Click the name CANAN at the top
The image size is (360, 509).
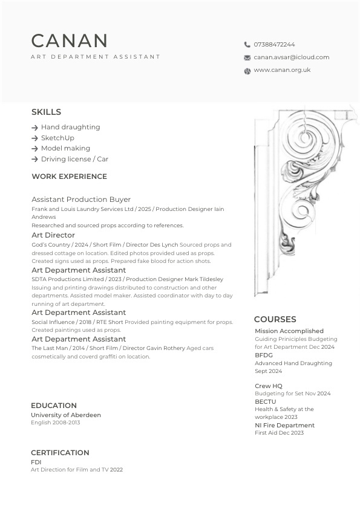(x=70, y=41)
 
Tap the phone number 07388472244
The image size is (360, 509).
(x=274, y=45)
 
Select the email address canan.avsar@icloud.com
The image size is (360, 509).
(x=291, y=57)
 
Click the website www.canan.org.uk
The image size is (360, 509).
(x=282, y=70)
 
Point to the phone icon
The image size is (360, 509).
(x=247, y=45)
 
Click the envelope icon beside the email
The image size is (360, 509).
(x=247, y=58)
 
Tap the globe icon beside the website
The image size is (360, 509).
(x=247, y=71)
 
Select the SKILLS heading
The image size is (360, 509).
(x=46, y=112)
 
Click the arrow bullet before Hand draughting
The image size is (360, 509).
(x=34, y=128)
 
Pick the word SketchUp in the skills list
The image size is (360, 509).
(x=57, y=138)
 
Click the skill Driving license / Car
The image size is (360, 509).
(x=74, y=159)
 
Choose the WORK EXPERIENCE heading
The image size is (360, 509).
(x=69, y=177)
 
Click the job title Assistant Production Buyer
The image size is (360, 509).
(x=81, y=199)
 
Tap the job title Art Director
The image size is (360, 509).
(x=53, y=235)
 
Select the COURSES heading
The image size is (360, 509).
(x=275, y=319)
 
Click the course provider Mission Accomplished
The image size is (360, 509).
(x=289, y=331)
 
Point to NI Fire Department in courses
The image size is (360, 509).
(x=284, y=426)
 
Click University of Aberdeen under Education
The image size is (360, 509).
(x=66, y=415)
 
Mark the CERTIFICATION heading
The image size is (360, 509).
(x=60, y=453)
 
